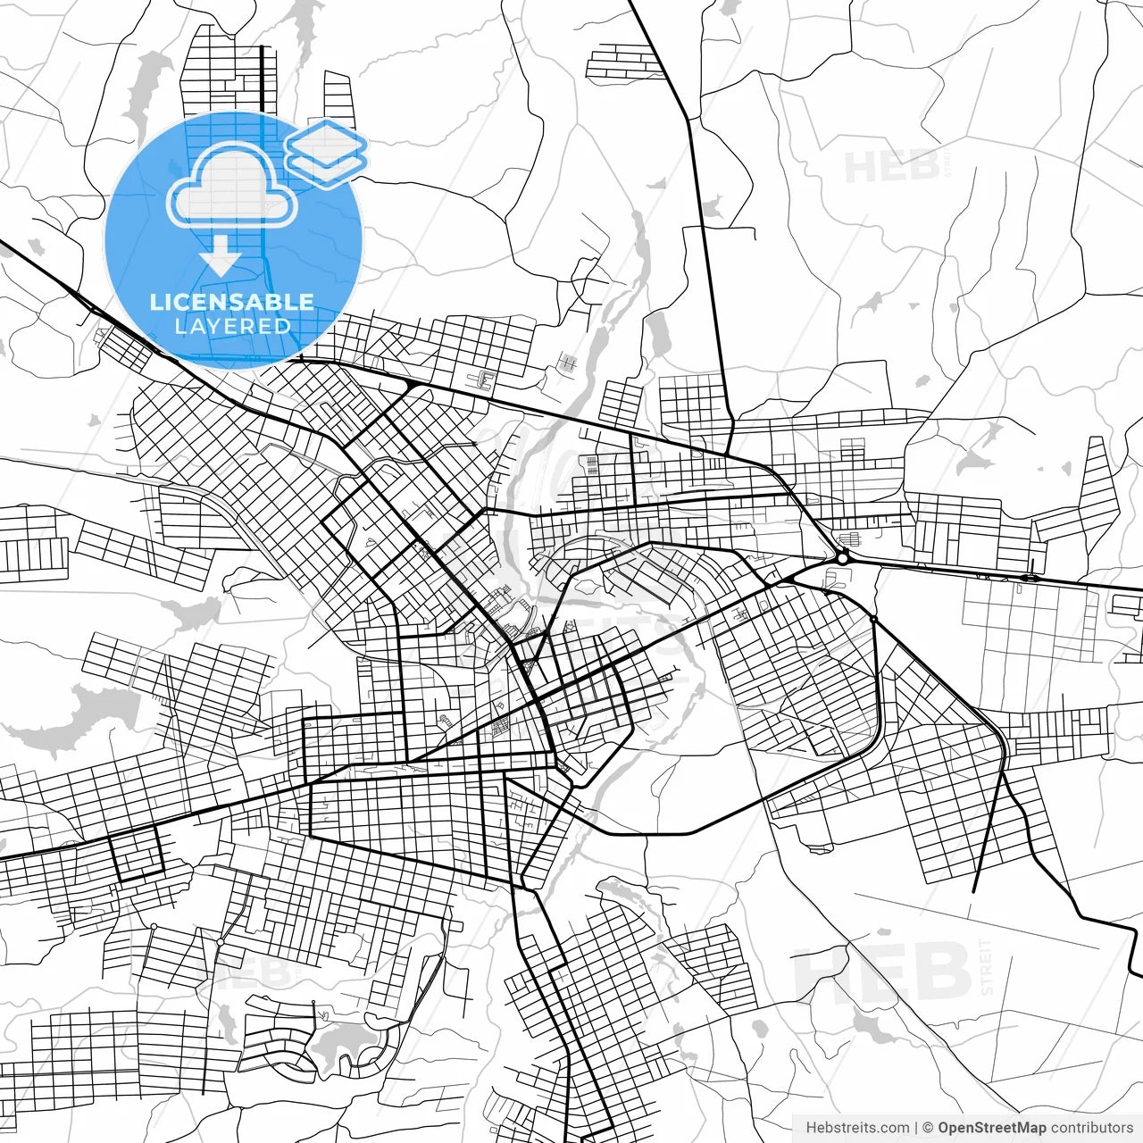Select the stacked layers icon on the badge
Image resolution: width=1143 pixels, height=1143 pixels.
(x=326, y=153)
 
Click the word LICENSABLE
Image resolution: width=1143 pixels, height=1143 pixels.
(x=232, y=302)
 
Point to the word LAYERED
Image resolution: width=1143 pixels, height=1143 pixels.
(x=232, y=327)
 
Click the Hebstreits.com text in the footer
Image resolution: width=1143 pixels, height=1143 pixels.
(x=858, y=1128)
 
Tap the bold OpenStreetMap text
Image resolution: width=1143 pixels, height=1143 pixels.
(x=990, y=1128)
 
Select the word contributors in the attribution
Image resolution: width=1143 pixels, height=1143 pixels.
(x=1091, y=1128)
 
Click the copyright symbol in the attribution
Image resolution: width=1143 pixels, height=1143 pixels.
(x=928, y=1128)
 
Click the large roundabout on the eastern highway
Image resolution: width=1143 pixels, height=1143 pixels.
(x=842, y=557)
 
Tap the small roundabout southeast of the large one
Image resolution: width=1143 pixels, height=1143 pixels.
(x=873, y=619)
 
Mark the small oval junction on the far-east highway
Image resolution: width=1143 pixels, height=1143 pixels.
(x=1029, y=578)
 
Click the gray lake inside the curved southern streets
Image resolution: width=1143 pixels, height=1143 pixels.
(x=344, y=1040)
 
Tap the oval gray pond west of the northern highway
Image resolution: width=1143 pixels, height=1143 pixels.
(x=659, y=333)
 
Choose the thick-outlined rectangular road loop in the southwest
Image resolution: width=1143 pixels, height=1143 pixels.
(x=137, y=853)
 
